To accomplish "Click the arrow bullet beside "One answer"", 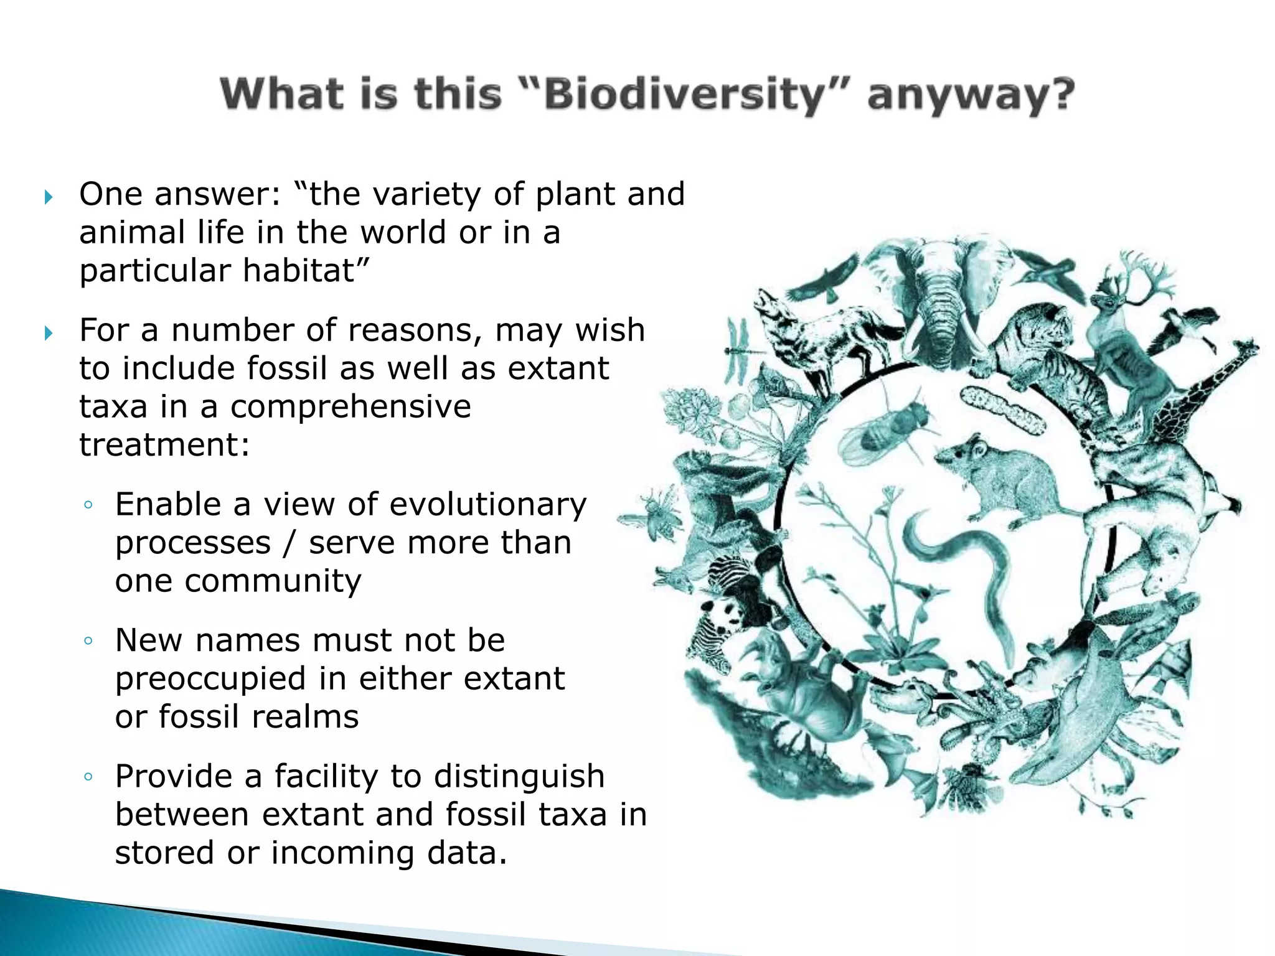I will [x=49, y=198].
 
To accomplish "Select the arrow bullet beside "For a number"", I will [x=49, y=334].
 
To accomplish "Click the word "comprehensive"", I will [x=351, y=406].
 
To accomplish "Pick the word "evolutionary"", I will [x=483, y=504].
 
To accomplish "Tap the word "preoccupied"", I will [x=210, y=678].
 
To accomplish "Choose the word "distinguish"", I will [x=519, y=776].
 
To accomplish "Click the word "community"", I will [x=273, y=581].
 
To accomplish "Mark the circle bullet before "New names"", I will [x=88, y=640].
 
